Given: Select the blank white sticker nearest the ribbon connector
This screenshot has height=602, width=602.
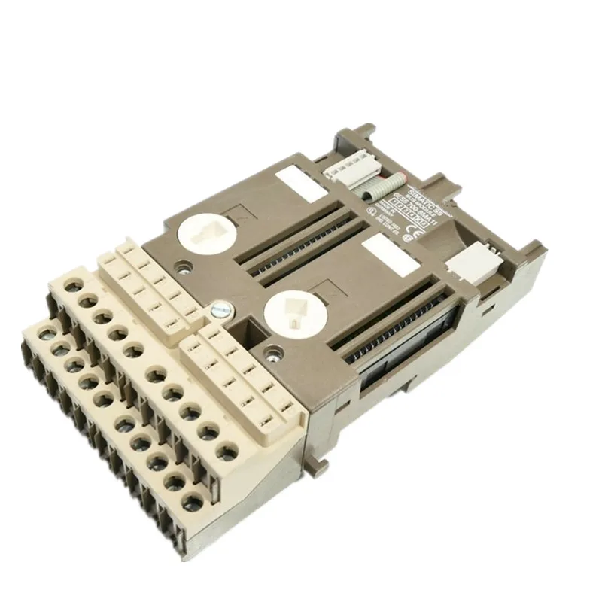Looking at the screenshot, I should pyautogui.click(x=296, y=180).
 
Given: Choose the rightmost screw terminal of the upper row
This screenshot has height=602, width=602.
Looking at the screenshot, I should pyautogui.click(x=223, y=451).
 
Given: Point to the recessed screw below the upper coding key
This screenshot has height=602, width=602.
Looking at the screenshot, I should pyautogui.click(x=181, y=265).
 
